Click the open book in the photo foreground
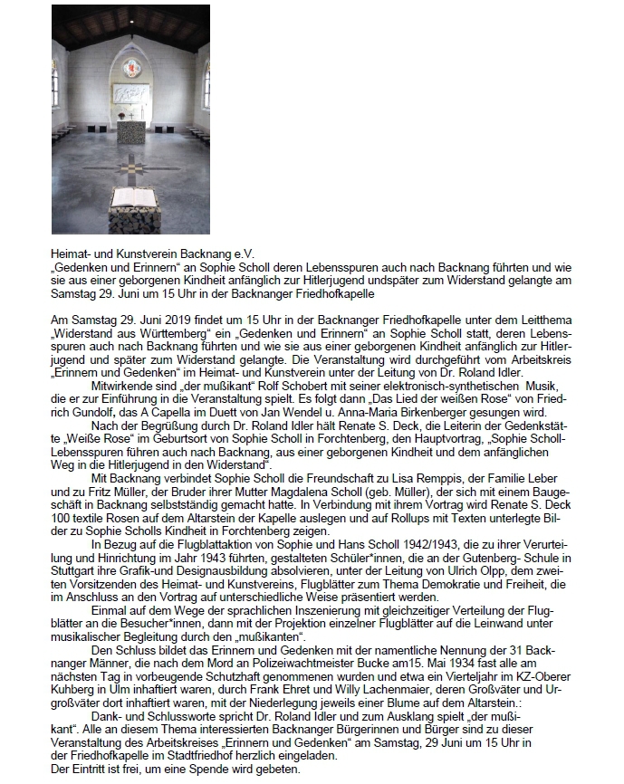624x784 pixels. (x=132, y=195)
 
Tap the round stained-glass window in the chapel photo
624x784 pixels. (x=132, y=67)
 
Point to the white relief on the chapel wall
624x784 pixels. (x=132, y=96)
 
